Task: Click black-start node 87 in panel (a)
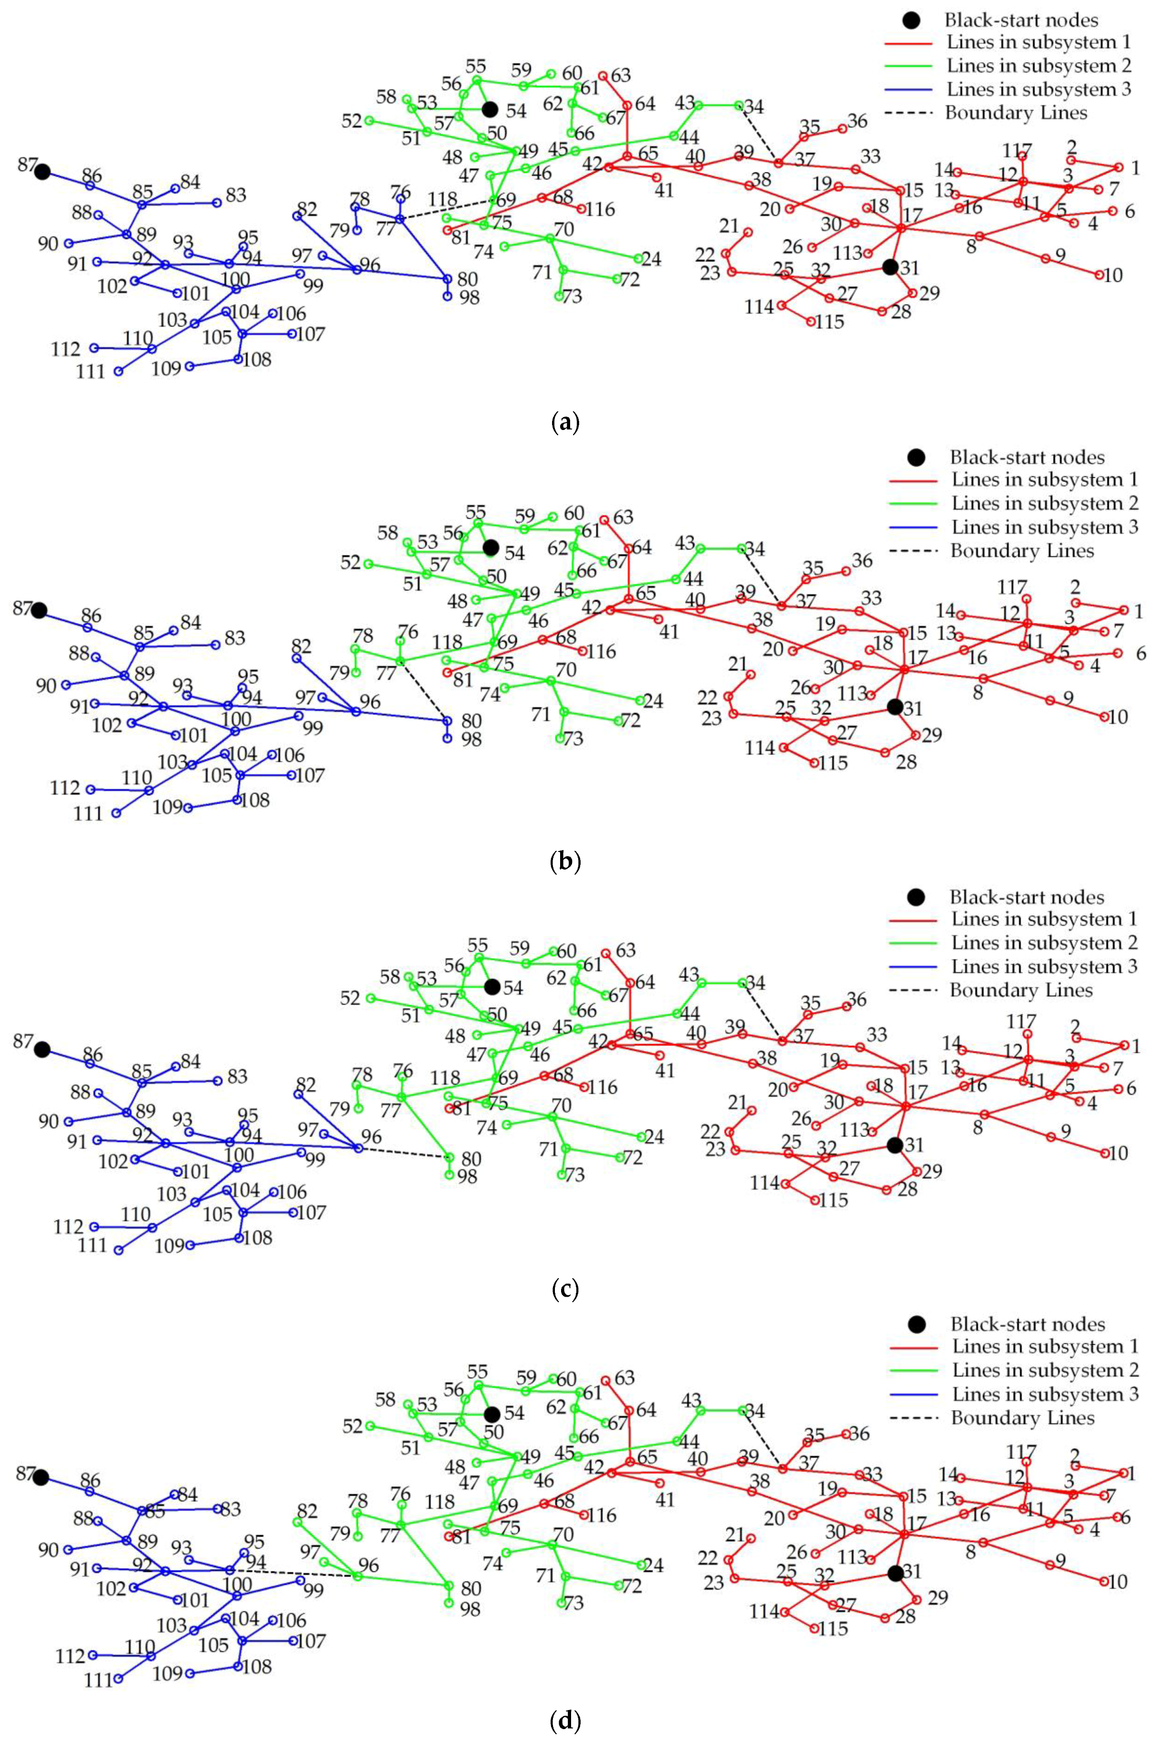coord(42,172)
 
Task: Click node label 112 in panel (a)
coord(65,349)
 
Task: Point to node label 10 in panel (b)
coord(1118,717)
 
